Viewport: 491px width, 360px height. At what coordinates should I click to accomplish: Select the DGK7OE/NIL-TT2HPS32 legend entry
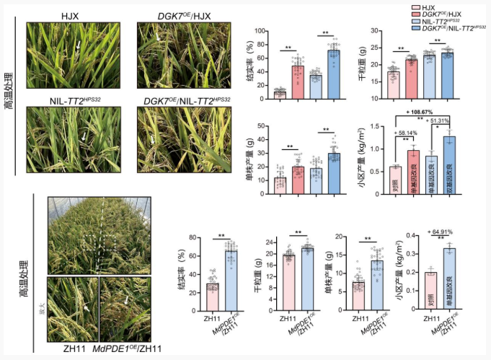[446, 27]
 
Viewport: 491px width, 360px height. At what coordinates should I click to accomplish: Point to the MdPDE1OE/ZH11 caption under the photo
[127, 351]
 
